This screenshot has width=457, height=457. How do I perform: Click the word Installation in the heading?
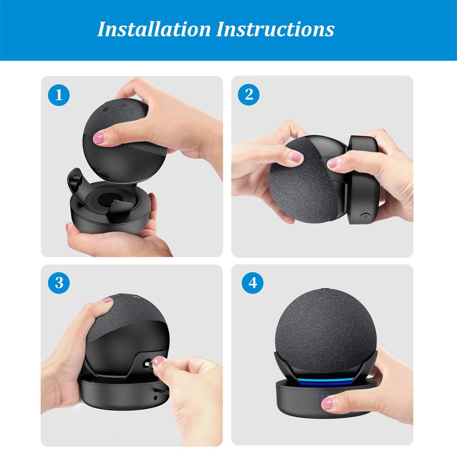pyautogui.click(x=154, y=29)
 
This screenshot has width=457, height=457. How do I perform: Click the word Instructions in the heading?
pyautogui.click(x=275, y=29)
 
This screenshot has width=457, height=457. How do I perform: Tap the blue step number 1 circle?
pyautogui.click(x=59, y=95)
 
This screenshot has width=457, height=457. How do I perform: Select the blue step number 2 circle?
pyautogui.click(x=249, y=95)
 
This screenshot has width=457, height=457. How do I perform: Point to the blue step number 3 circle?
pyautogui.click(x=59, y=283)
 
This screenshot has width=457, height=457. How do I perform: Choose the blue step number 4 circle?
pyautogui.click(x=253, y=283)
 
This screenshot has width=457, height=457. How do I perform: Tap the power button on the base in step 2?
pyautogui.click(x=365, y=216)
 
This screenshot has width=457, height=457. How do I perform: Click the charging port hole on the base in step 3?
pyautogui.click(x=155, y=398)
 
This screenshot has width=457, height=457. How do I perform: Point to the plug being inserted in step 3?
pyautogui.click(x=148, y=364)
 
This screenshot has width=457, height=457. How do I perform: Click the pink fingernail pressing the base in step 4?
pyautogui.click(x=327, y=403)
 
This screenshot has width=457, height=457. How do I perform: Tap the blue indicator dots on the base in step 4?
pyautogui.click(x=322, y=396)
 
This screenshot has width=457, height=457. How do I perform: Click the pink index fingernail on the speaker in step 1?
pyautogui.click(x=99, y=137)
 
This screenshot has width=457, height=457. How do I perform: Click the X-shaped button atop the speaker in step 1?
pyautogui.click(x=124, y=105)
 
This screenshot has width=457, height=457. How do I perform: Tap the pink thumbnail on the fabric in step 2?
pyautogui.click(x=295, y=157)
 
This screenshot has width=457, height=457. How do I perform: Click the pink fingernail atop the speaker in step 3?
pyautogui.click(x=106, y=300)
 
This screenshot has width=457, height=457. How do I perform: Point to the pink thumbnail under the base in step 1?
pyautogui.click(x=67, y=228)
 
